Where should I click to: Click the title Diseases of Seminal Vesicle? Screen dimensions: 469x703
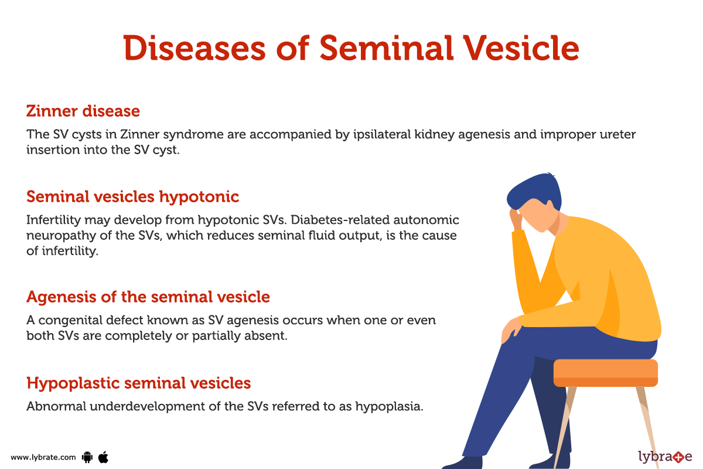coord(351,48)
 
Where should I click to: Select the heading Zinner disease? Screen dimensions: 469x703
coord(83,111)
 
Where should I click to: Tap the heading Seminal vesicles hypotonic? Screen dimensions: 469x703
coord(132,196)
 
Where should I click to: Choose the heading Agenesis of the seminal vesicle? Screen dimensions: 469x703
coord(148,297)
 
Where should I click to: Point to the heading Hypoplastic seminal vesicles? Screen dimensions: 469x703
coord(138,383)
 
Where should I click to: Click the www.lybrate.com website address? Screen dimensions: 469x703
coord(43,457)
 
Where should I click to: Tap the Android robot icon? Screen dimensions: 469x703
coord(88,457)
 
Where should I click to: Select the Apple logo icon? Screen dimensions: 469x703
coord(103,456)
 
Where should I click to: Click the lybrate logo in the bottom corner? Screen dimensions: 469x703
coord(664,456)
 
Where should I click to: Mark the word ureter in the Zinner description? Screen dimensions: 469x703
coord(617,134)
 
